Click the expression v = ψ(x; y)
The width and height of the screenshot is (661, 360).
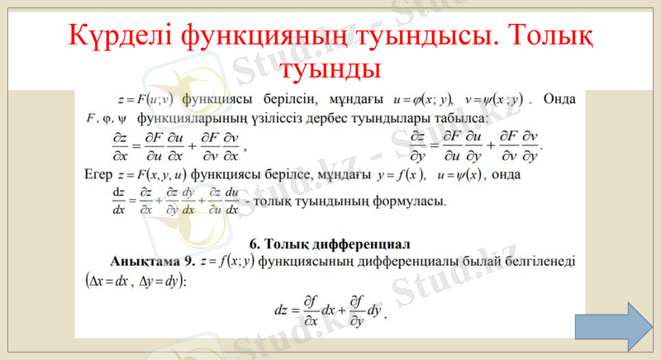coord(494,101)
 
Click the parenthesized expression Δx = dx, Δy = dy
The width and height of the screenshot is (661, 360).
coord(136,281)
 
